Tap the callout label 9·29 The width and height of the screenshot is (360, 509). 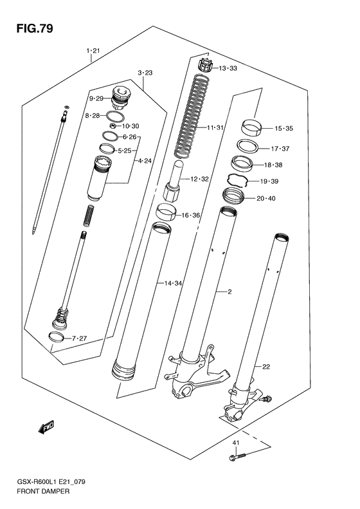pyautogui.click(x=96, y=98)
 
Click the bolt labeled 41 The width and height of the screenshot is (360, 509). pyautogui.click(x=237, y=458)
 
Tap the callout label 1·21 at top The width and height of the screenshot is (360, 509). pyautogui.click(x=93, y=50)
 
